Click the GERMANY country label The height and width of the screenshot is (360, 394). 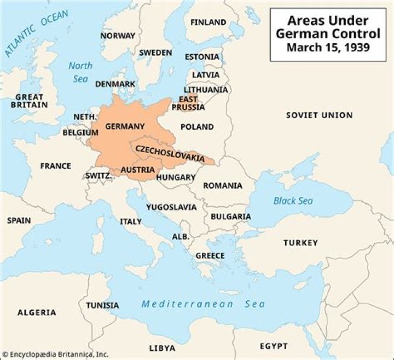pyautogui.click(x=125, y=126)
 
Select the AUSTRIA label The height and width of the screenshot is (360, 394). pyautogui.click(x=137, y=170)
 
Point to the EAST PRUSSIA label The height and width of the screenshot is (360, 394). pyautogui.click(x=188, y=103)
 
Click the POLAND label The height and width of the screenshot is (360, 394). pyautogui.click(x=197, y=127)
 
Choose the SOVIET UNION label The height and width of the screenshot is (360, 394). pyautogui.click(x=319, y=115)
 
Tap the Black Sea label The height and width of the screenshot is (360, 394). pyautogui.click(x=293, y=201)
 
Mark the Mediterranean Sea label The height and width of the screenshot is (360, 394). pyautogui.click(x=202, y=304)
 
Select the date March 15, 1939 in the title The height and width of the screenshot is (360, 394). pyautogui.click(x=328, y=48)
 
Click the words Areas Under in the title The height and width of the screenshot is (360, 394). pyautogui.click(x=328, y=21)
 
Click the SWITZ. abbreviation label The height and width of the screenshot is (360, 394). pyautogui.click(x=99, y=176)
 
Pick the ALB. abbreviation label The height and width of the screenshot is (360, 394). pyautogui.click(x=181, y=237)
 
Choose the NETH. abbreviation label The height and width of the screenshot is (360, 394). pyautogui.click(x=85, y=117)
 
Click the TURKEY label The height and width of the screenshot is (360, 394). pyautogui.click(x=300, y=242)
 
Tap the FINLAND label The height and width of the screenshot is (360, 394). pyautogui.click(x=208, y=22)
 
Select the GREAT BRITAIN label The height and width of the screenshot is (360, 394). pyautogui.click(x=29, y=101)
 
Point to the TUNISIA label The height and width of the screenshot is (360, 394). pyautogui.click(x=102, y=305)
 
